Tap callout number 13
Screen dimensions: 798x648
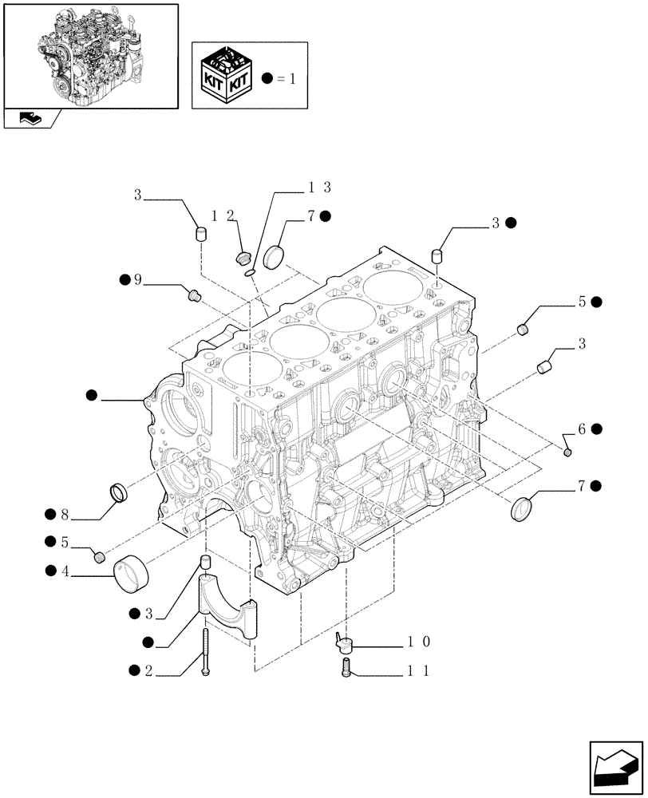coord(319,188)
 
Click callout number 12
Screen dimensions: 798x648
coord(223,216)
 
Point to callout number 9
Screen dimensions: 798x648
coord(137,279)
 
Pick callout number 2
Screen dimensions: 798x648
coord(148,671)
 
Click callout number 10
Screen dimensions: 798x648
coord(419,642)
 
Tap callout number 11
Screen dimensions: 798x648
coord(419,672)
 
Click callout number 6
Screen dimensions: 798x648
coord(582,429)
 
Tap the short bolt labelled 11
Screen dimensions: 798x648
coord(346,667)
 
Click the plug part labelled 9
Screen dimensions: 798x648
coord(192,295)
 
